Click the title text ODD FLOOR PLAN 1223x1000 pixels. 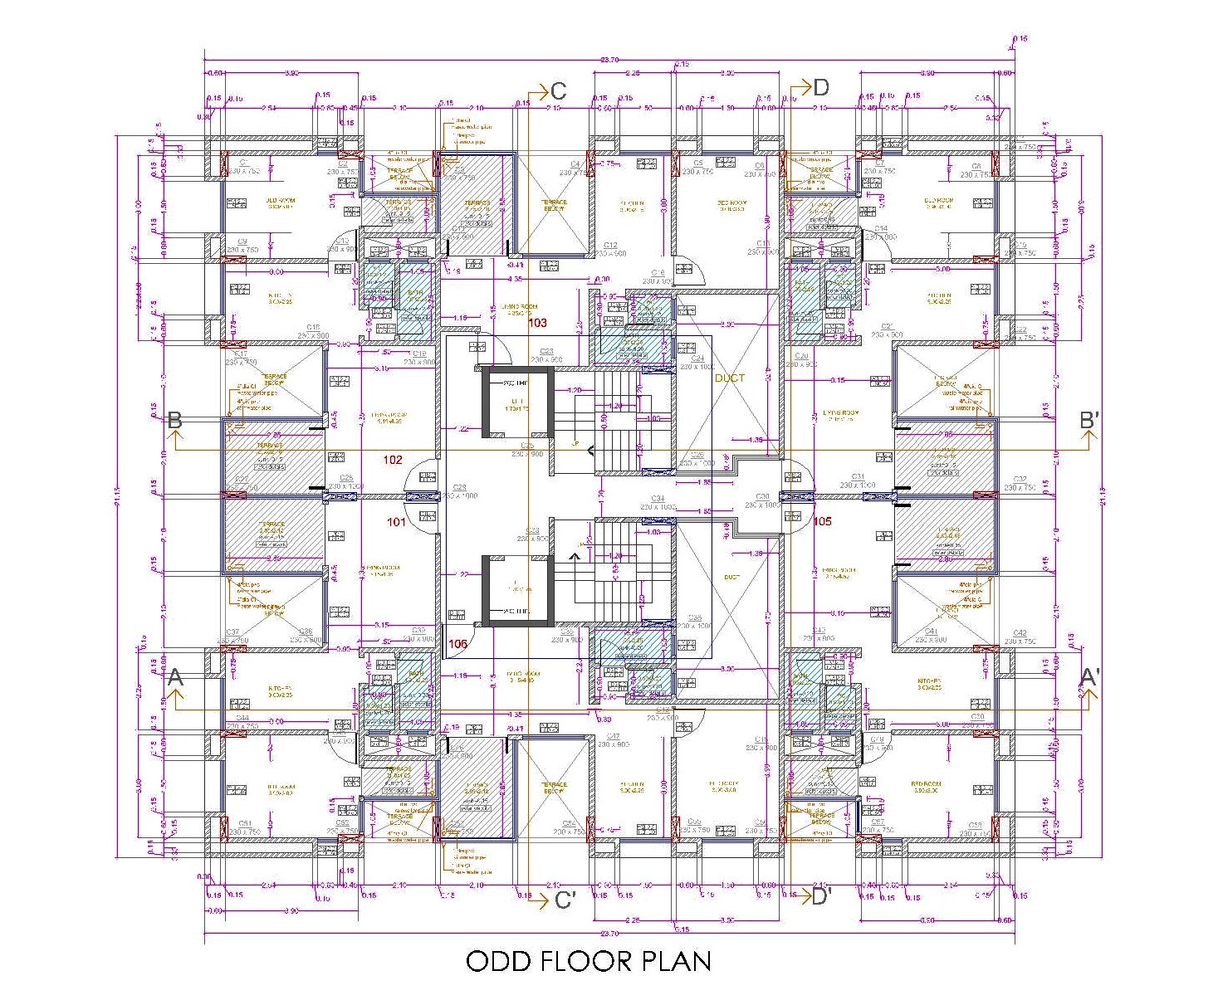(x=588, y=961)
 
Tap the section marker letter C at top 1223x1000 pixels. (x=559, y=91)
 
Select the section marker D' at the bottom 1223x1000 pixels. (x=820, y=896)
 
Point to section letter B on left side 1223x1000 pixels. (x=174, y=420)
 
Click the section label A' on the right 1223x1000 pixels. (x=1089, y=678)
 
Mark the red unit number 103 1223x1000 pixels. (x=538, y=323)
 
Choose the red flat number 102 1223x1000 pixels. (x=393, y=459)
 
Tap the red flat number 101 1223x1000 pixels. (x=397, y=522)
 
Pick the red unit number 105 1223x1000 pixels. (x=822, y=522)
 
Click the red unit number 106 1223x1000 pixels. (x=457, y=643)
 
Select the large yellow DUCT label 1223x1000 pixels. (x=730, y=378)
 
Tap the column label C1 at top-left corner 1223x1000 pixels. (x=244, y=163)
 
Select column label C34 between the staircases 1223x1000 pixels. (x=658, y=499)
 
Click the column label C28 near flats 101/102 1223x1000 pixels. (x=459, y=488)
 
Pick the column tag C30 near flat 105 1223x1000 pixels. (x=762, y=497)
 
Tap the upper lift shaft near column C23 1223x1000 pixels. (x=518, y=404)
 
